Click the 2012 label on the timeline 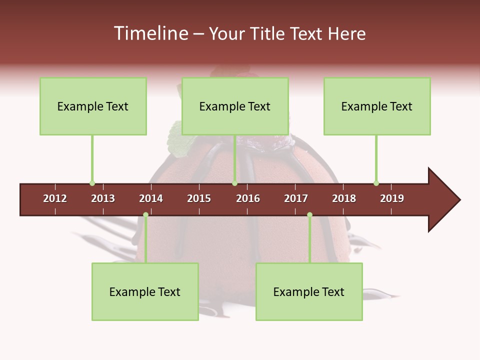tap(55, 198)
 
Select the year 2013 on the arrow tap(103, 198)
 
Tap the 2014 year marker tap(151, 198)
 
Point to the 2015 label tap(199, 198)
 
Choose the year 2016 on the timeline tap(248, 198)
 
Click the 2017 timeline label tap(296, 198)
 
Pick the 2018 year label tap(344, 198)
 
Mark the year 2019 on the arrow tap(392, 198)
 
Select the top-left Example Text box tap(93, 106)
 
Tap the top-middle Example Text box tap(235, 106)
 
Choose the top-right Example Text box tap(377, 106)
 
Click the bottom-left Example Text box tap(145, 292)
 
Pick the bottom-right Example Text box tap(309, 292)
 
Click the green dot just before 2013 tap(92, 183)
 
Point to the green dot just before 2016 tap(234, 183)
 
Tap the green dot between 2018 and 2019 tap(376, 183)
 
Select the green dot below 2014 tap(145, 215)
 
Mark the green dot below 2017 tap(309, 215)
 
